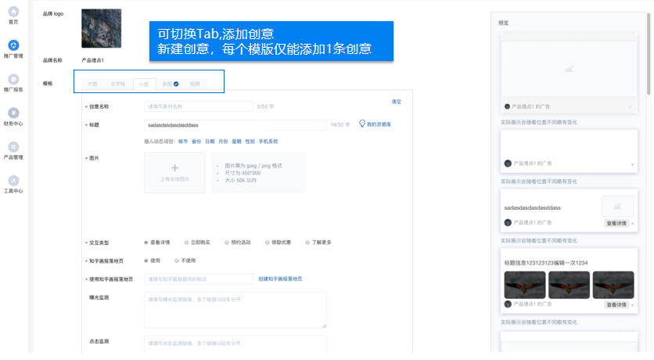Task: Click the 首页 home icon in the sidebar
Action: point(13,12)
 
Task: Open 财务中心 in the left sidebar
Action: point(13,113)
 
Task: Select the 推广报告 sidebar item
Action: point(13,79)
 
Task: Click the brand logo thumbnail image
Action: point(102,29)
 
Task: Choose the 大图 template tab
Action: point(93,83)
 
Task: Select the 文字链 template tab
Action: point(117,83)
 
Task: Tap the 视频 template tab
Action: point(195,83)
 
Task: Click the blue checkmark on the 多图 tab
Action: point(177,83)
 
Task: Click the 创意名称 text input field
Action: point(199,106)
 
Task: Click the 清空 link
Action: point(396,102)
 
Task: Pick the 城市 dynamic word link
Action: point(183,142)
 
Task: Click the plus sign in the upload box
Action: point(174,167)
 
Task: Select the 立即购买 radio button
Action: point(185,243)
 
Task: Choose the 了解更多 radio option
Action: point(307,243)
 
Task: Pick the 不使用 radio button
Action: point(176,261)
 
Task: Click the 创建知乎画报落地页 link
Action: point(280,279)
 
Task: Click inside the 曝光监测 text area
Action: point(235,309)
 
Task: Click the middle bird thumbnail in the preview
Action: point(568,284)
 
